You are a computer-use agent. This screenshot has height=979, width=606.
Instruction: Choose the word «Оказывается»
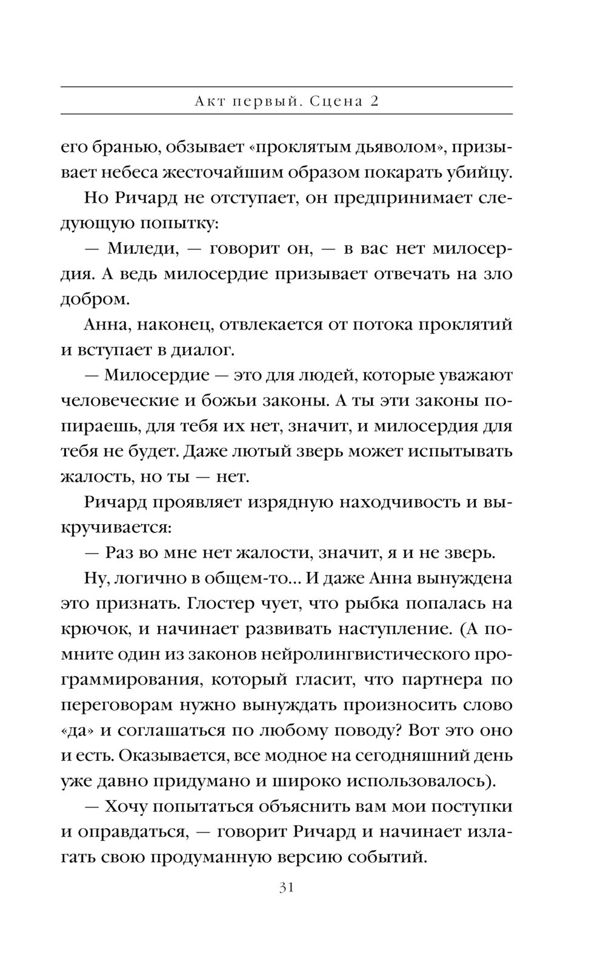[x=170, y=756]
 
